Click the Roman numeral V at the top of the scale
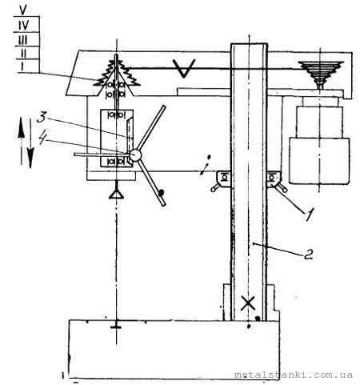(x=23, y=10)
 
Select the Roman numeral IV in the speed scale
(x=24, y=26)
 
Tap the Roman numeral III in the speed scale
(x=23, y=40)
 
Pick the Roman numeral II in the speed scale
(x=23, y=53)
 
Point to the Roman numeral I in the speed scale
(x=22, y=66)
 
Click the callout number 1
(x=309, y=215)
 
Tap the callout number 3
(x=42, y=118)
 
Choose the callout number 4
(x=43, y=138)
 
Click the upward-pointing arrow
(x=22, y=142)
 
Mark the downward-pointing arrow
(x=30, y=143)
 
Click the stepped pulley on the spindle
(x=117, y=73)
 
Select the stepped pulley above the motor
(x=321, y=74)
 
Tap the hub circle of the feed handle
(x=135, y=154)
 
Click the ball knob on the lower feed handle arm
(x=161, y=191)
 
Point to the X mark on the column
(x=248, y=303)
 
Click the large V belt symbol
(x=184, y=68)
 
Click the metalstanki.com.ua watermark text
(x=294, y=375)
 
